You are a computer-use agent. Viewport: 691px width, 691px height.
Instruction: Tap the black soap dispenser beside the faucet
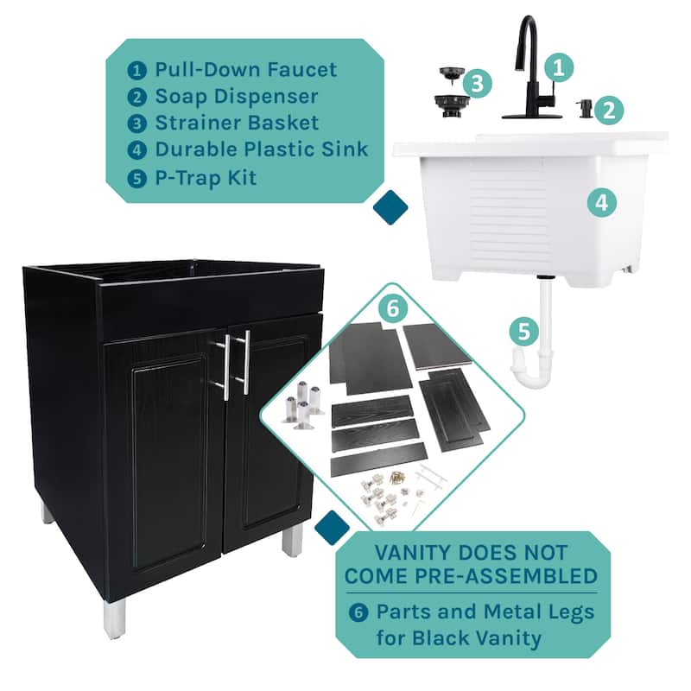pyautogui.click(x=583, y=109)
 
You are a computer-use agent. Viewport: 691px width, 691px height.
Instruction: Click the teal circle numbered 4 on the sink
pyautogui.click(x=601, y=203)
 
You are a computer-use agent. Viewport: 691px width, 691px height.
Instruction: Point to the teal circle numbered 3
pyautogui.click(x=477, y=83)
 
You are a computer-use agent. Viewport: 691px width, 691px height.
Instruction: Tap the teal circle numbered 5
pyautogui.click(x=523, y=332)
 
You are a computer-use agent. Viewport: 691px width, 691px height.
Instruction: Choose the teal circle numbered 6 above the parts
pyautogui.click(x=392, y=308)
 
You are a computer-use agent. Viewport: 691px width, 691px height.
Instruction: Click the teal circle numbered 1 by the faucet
pyautogui.click(x=558, y=68)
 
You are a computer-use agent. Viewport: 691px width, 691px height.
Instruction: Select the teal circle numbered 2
pyautogui.click(x=608, y=110)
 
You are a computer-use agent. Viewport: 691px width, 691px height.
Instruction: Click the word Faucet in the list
pyautogui.click(x=301, y=70)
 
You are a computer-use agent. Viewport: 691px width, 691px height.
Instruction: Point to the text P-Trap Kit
pyautogui.click(x=206, y=178)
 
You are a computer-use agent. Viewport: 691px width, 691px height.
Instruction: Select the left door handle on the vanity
pyautogui.click(x=226, y=366)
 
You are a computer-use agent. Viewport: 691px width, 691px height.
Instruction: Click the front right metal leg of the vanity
pyautogui.click(x=291, y=542)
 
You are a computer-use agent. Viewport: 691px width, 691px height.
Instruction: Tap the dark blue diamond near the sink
pyautogui.click(x=390, y=207)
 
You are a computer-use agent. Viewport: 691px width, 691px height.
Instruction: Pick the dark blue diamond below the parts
pyautogui.click(x=333, y=528)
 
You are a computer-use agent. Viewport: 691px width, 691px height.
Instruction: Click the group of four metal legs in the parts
pyautogui.click(x=302, y=404)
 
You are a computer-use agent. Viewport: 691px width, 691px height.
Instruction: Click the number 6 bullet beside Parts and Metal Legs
pyautogui.click(x=358, y=612)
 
